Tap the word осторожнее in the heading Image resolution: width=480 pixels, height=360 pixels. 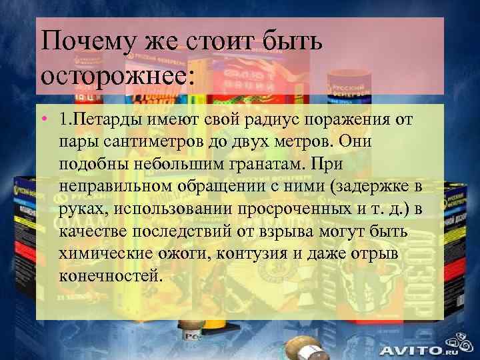tap(116, 73)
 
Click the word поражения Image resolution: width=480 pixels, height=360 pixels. tap(351, 121)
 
